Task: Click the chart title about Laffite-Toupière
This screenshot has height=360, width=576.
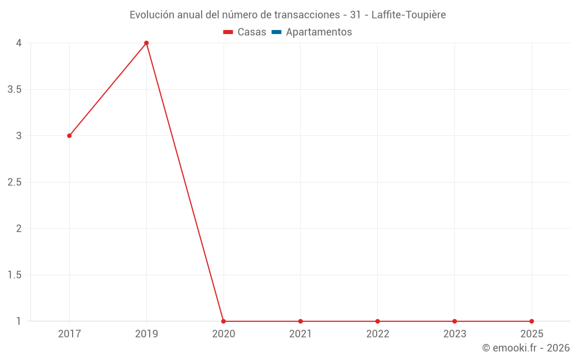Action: click(x=287, y=14)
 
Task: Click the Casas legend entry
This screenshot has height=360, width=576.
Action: click(x=245, y=32)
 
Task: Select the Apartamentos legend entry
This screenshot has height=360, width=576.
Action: click(x=312, y=32)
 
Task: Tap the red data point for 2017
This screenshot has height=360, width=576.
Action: click(x=69, y=136)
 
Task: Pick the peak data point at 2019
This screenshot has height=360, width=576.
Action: click(x=146, y=43)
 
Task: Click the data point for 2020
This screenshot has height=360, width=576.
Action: click(x=223, y=321)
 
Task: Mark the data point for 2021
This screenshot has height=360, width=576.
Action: click(x=301, y=321)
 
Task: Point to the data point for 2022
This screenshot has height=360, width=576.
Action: click(x=377, y=321)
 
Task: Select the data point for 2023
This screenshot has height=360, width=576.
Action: click(x=454, y=321)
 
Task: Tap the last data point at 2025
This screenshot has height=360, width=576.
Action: click(x=532, y=321)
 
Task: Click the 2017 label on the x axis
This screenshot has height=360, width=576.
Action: click(x=69, y=334)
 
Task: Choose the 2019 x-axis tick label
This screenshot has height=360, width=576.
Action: click(x=146, y=334)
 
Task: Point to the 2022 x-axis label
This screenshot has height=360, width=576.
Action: click(x=377, y=334)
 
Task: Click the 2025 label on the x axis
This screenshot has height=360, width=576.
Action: click(x=532, y=334)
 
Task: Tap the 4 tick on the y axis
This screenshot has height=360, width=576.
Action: click(x=18, y=43)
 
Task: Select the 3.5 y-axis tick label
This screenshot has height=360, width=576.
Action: click(x=15, y=90)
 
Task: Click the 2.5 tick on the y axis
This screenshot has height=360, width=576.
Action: click(x=15, y=183)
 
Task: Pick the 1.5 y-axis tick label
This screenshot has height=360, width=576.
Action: click(x=15, y=275)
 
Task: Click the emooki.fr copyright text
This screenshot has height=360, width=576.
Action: click(x=525, y=348)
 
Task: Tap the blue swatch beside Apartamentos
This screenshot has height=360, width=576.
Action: click(x=276, y=32)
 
